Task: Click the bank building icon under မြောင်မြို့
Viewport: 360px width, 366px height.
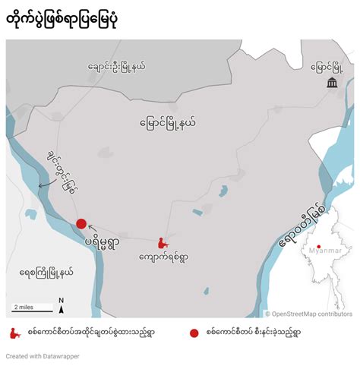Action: point(332,82)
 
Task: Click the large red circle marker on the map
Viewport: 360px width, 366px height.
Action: point(81,223)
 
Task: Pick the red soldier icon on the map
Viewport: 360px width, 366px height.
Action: point(161,242)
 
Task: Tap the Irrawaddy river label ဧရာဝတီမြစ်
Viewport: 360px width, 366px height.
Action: point(292,226)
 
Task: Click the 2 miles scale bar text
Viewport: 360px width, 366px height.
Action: point(22,307)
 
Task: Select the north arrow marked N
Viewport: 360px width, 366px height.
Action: point(62,305)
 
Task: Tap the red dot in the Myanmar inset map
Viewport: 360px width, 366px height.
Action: point(319,245)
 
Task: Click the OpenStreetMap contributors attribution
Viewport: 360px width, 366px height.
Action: point(308,313)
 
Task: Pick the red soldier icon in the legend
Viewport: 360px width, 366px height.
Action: point(13,333)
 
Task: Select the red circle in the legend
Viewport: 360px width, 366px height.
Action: point(194,333)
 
